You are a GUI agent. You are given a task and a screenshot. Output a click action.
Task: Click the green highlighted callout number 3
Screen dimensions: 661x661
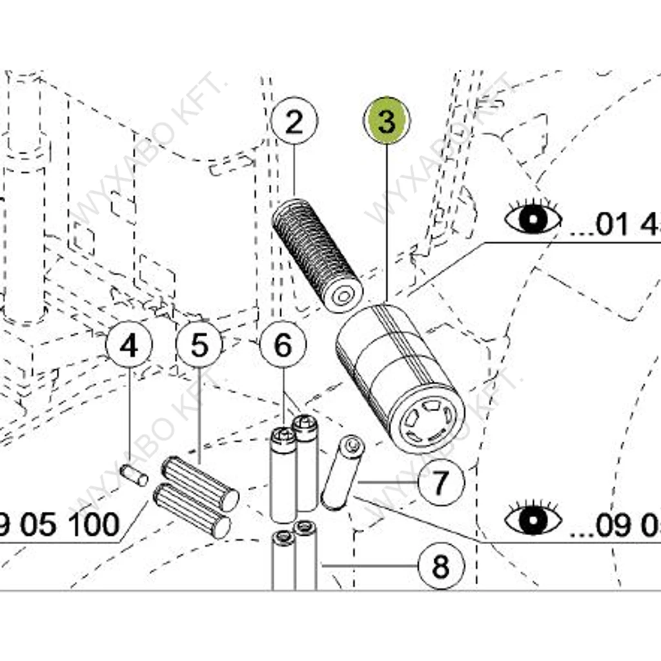pos(387,122)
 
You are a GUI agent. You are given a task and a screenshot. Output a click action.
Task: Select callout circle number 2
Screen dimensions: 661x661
pos(294,122)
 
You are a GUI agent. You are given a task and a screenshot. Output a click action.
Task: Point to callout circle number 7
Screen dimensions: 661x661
pos(440,482)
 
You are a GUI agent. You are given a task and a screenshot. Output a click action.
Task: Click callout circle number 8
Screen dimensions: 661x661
pos(440,567)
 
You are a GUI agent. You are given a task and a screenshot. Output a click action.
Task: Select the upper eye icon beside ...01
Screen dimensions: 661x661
pos(533,218)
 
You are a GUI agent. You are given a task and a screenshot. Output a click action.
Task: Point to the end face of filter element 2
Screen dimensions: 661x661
pos(344,296)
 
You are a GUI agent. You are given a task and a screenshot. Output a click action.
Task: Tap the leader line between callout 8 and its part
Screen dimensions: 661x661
pos(371,566)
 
